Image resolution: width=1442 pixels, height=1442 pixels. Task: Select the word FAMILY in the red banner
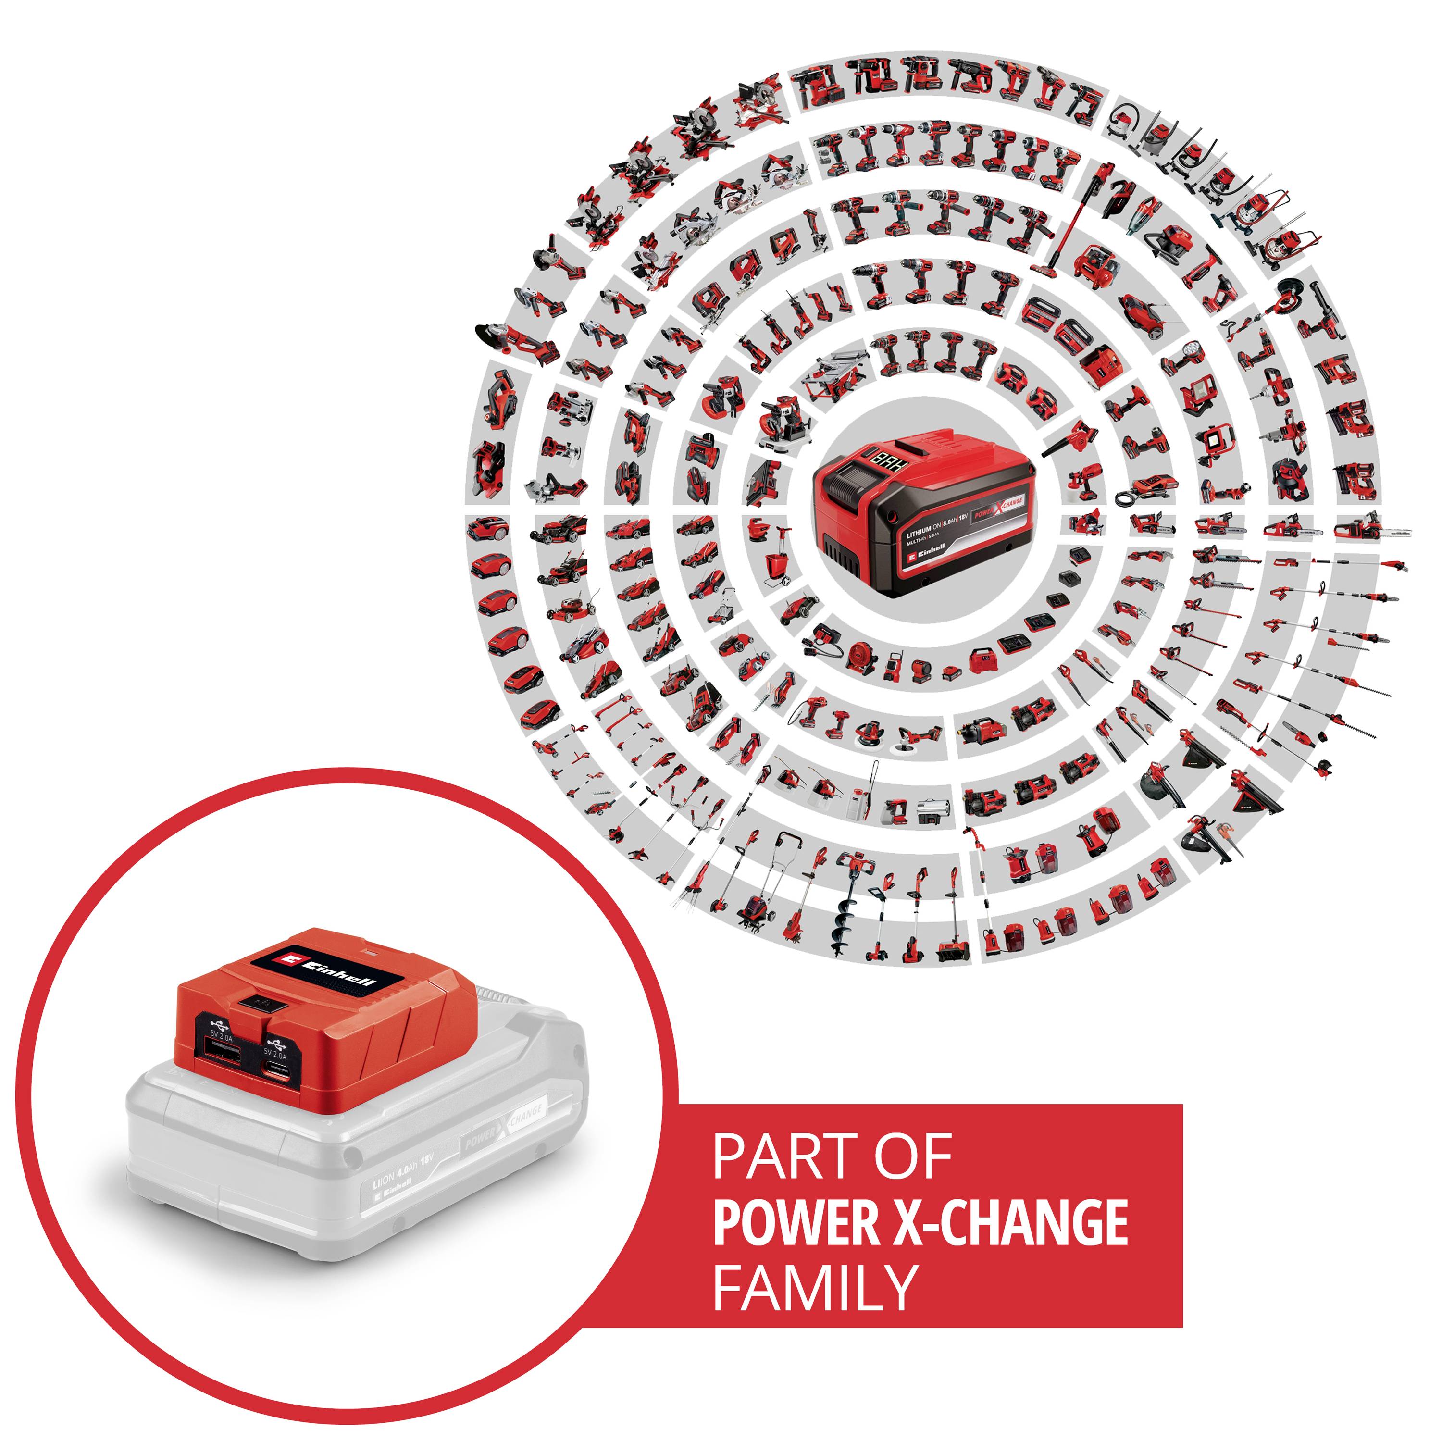click(814, 1288)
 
